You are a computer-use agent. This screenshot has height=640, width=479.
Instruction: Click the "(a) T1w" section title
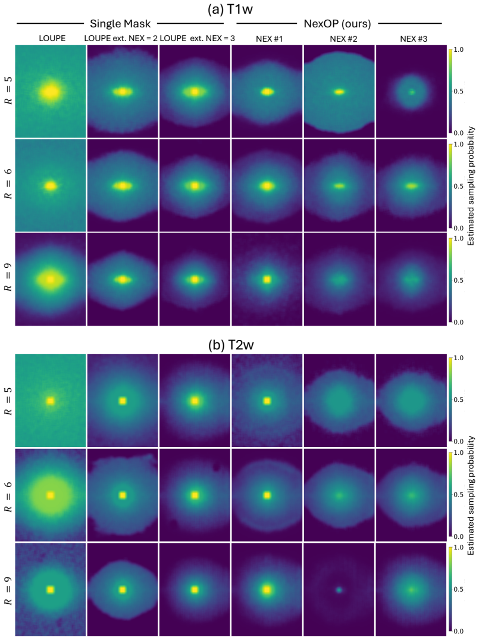pos(230,9)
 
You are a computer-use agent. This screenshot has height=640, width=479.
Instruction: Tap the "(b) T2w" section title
pos(231,345)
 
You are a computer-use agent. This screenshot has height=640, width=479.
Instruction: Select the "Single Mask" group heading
pos(120,24)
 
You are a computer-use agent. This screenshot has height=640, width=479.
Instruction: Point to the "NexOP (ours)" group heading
pos(337,24)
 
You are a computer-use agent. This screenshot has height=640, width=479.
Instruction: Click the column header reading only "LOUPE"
pos(52,38)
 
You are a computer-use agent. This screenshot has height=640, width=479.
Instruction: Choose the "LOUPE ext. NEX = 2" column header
pos(121,38)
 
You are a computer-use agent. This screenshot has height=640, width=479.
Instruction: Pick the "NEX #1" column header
pos(270,39)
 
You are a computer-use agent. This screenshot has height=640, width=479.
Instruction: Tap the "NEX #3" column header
pos(414,39)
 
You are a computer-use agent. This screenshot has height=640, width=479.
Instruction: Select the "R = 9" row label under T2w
pos(8,590)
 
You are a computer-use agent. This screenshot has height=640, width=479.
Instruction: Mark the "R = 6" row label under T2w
pos(8,495)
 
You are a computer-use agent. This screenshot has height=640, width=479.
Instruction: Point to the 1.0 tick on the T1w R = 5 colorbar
pos(459,49)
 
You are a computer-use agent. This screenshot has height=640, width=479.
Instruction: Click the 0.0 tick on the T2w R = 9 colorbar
pos(459,631)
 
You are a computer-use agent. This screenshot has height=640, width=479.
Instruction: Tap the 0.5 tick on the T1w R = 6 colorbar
pos(459,186)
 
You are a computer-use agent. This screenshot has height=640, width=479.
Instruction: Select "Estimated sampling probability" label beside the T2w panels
pos(471,495)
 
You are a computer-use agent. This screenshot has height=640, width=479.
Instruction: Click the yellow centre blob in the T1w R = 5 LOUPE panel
pos(51,92)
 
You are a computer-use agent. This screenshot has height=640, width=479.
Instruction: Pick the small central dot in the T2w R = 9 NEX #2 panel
pos(339,590)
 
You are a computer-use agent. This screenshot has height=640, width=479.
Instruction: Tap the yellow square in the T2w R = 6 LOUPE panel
pos(51,495)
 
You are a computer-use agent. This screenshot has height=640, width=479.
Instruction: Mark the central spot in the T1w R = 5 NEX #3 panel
pos(412,92)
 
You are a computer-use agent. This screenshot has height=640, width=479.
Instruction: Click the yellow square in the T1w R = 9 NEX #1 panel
pos(267,280)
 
